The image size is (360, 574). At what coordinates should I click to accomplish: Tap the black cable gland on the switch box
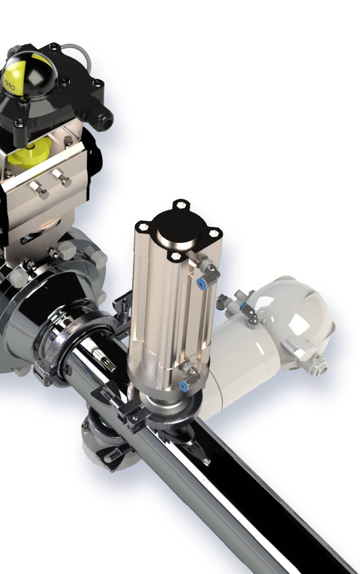[102, 117]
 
